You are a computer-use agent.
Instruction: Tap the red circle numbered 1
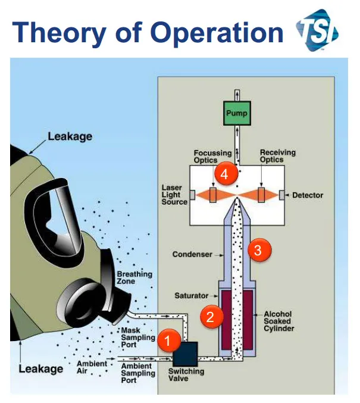point(168,341)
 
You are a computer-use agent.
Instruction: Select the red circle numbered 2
point(209,316)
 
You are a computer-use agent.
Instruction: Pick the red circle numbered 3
point(257,250)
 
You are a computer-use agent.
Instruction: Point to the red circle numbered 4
point(224,174)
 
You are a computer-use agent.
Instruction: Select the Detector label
point(308,195)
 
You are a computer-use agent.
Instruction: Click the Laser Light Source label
point(174,195)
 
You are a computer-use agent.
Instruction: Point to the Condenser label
point(192,254)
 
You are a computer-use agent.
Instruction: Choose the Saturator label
point(192,296)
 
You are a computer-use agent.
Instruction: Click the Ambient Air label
point(92,367)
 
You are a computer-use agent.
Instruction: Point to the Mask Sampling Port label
point(139,338)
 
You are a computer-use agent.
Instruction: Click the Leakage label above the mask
point(70,136)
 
